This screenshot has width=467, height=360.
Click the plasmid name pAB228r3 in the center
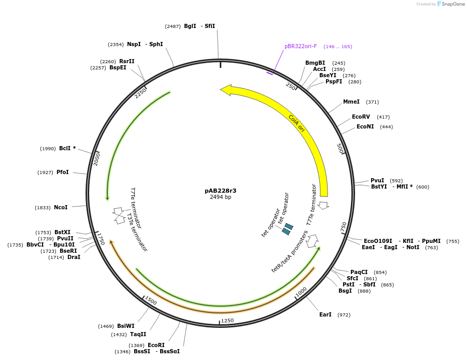pos(220,191)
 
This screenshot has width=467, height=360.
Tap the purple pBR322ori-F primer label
pos(301,46)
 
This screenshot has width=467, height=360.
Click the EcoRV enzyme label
pos(361,117)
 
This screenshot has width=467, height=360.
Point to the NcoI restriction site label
pos(61,207)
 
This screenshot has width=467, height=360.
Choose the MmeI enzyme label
pos(351,102)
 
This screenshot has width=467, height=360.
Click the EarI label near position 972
pos(325,314)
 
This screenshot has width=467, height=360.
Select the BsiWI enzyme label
pos(125,326)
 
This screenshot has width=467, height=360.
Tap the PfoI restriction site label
pos(63,172)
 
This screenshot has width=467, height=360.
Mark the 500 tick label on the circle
pos(341,149)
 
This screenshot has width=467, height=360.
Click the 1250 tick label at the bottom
pos(228,321)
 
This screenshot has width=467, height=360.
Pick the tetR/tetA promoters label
pos(290,251)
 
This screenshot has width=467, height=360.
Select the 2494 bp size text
pos(220,197)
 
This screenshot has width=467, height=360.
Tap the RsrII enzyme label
pos(126,61)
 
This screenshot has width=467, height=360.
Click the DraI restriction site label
pos(74,257)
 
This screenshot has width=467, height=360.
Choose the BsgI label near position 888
pos(345,291)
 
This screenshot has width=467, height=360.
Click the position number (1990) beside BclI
pos(48,148)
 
